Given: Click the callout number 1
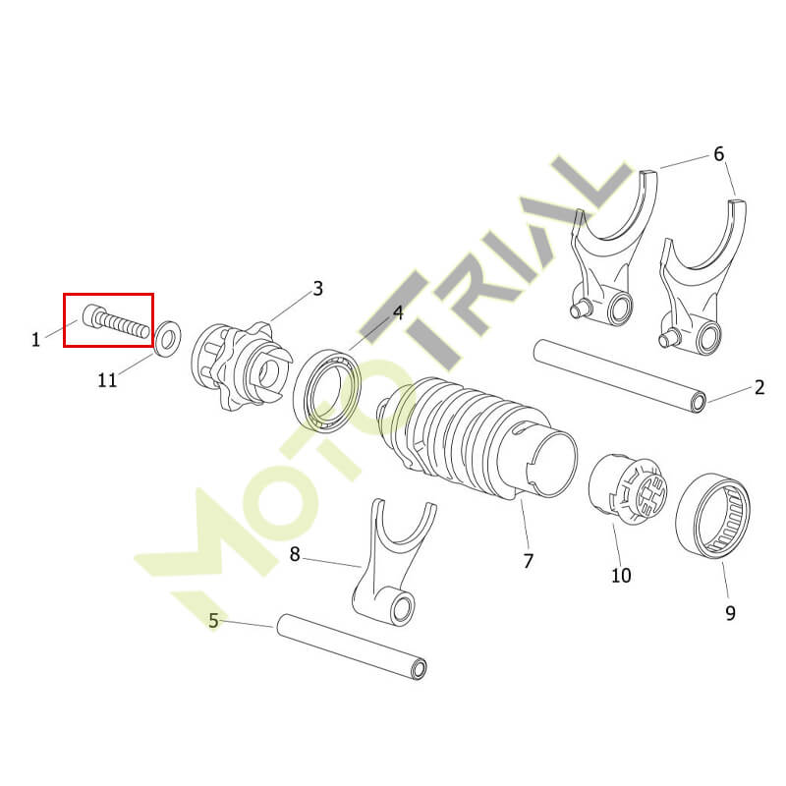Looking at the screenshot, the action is click(x=35, y=340).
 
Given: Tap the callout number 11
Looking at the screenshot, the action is click(x=107, y=380).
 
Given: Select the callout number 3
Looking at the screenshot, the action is click(x=317, y=289).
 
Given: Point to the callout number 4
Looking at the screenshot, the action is click(x=398, y=313).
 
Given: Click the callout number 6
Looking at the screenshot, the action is click(x=719, y=154).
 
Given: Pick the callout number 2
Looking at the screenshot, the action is click(x=759, y=387).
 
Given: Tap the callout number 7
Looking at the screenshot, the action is click(x=528, y=561).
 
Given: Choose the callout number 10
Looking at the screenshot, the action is click(x=621, y=576).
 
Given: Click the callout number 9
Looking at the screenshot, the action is click(x=730, y=612).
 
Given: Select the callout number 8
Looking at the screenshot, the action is click(x=295, y=554).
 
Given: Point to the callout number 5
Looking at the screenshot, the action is click(x=213, y=621).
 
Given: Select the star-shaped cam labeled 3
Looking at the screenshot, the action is click(x=241, y=365).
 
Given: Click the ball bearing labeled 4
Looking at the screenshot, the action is click(x=326, y=391).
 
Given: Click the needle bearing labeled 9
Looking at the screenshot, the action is click(x=713, y=518).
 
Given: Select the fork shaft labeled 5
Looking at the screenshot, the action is click(x=352, y=646).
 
